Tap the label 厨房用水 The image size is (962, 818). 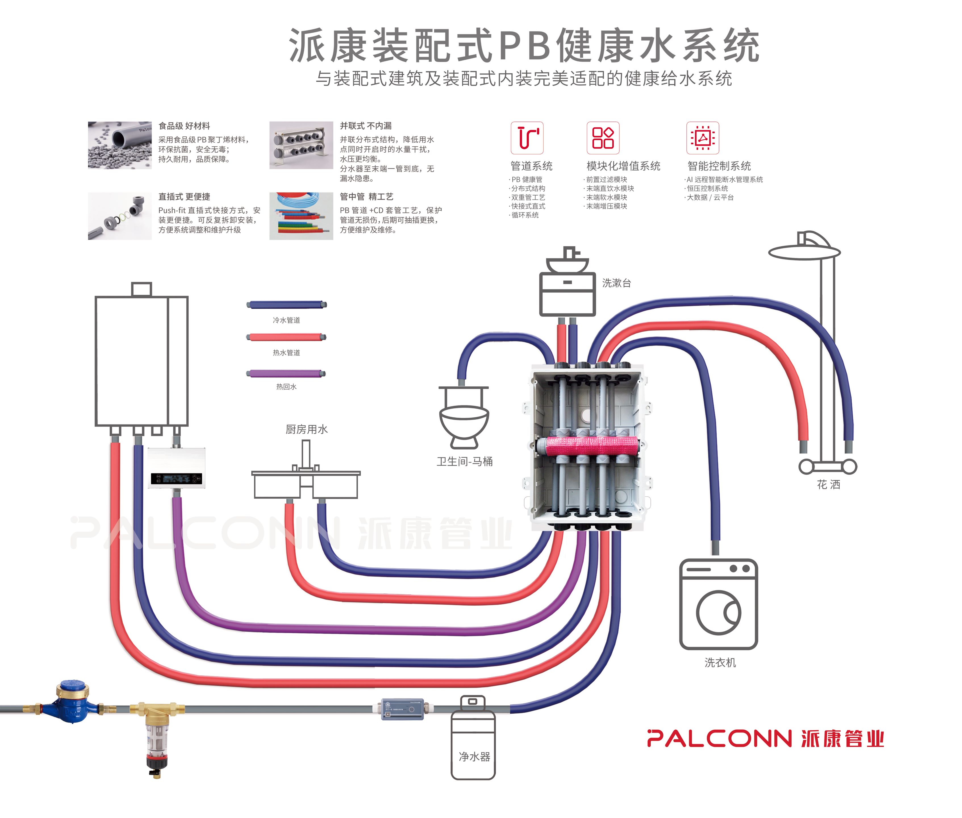click(x=306, y=429)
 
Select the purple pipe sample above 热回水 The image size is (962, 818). click(x=286, y=373)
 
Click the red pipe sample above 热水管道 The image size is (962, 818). click(x=286, y=337)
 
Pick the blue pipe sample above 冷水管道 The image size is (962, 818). click(x=286, y=305)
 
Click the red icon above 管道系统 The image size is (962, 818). click(x=527, y=138)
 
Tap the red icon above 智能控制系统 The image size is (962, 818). click(x=702, y=138)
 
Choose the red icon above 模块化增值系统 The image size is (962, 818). click(x=603, y=138)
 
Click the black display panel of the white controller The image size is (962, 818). click(x=176, y=478)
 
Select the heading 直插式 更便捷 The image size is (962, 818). click(x=184, y=197)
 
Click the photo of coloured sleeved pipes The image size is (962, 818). click(x=301, y=216)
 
